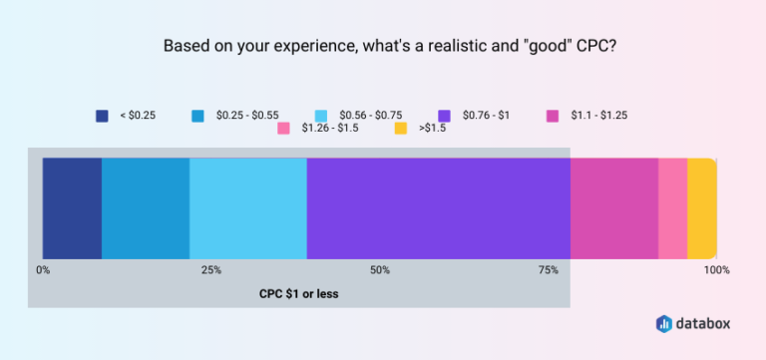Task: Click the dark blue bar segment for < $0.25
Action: pos(72,207)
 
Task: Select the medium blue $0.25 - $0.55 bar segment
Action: pos(146,207)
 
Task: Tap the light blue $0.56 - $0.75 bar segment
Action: pos(247,207)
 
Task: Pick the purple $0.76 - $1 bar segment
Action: pos(438,207)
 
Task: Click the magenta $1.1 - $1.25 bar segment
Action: pos(613,207)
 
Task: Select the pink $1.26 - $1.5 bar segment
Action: pos(672,207)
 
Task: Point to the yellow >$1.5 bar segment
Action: pos(701,207)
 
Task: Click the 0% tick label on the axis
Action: pos(43,270)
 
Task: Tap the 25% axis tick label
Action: pos(211,270)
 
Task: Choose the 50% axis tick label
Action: pos(380,270)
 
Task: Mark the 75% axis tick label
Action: pos(548,270)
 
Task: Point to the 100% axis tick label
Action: pos(716,270)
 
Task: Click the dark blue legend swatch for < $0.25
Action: pos(102,116)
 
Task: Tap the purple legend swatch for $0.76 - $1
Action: pos(444,116)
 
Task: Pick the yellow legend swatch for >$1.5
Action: pos(400,129)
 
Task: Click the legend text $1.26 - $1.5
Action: pos(331,129)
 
